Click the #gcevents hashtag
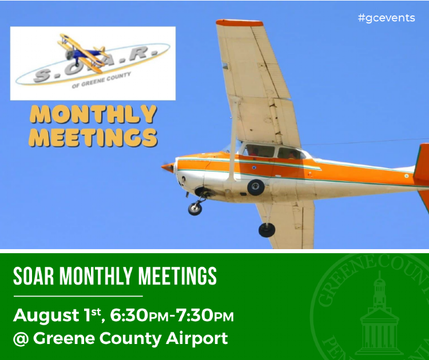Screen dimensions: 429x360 (x=386, y=18)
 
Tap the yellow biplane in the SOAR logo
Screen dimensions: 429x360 (x=82, y=53)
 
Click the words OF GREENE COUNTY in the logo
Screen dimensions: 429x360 (x=101, y=80)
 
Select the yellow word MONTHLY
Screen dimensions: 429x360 (x=93, y=114)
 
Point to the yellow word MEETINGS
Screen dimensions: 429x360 (x=93, y=137)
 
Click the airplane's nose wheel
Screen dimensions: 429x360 (x=195, y=209)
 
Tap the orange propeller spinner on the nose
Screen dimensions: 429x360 (x=168, y=167)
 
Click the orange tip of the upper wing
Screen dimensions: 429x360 (x=240, y=23)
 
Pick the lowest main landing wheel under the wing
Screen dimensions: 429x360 (x=267, y=230)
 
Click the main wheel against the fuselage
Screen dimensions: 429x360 (x=256, y=187)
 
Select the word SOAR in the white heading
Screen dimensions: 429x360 (x=33, y=276)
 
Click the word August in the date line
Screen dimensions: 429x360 (x=46, y=316)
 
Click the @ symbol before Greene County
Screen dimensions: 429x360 (x=21, y=339)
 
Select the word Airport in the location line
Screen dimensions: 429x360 (x=197, y=339)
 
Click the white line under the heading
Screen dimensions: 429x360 (x=78, y=296)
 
